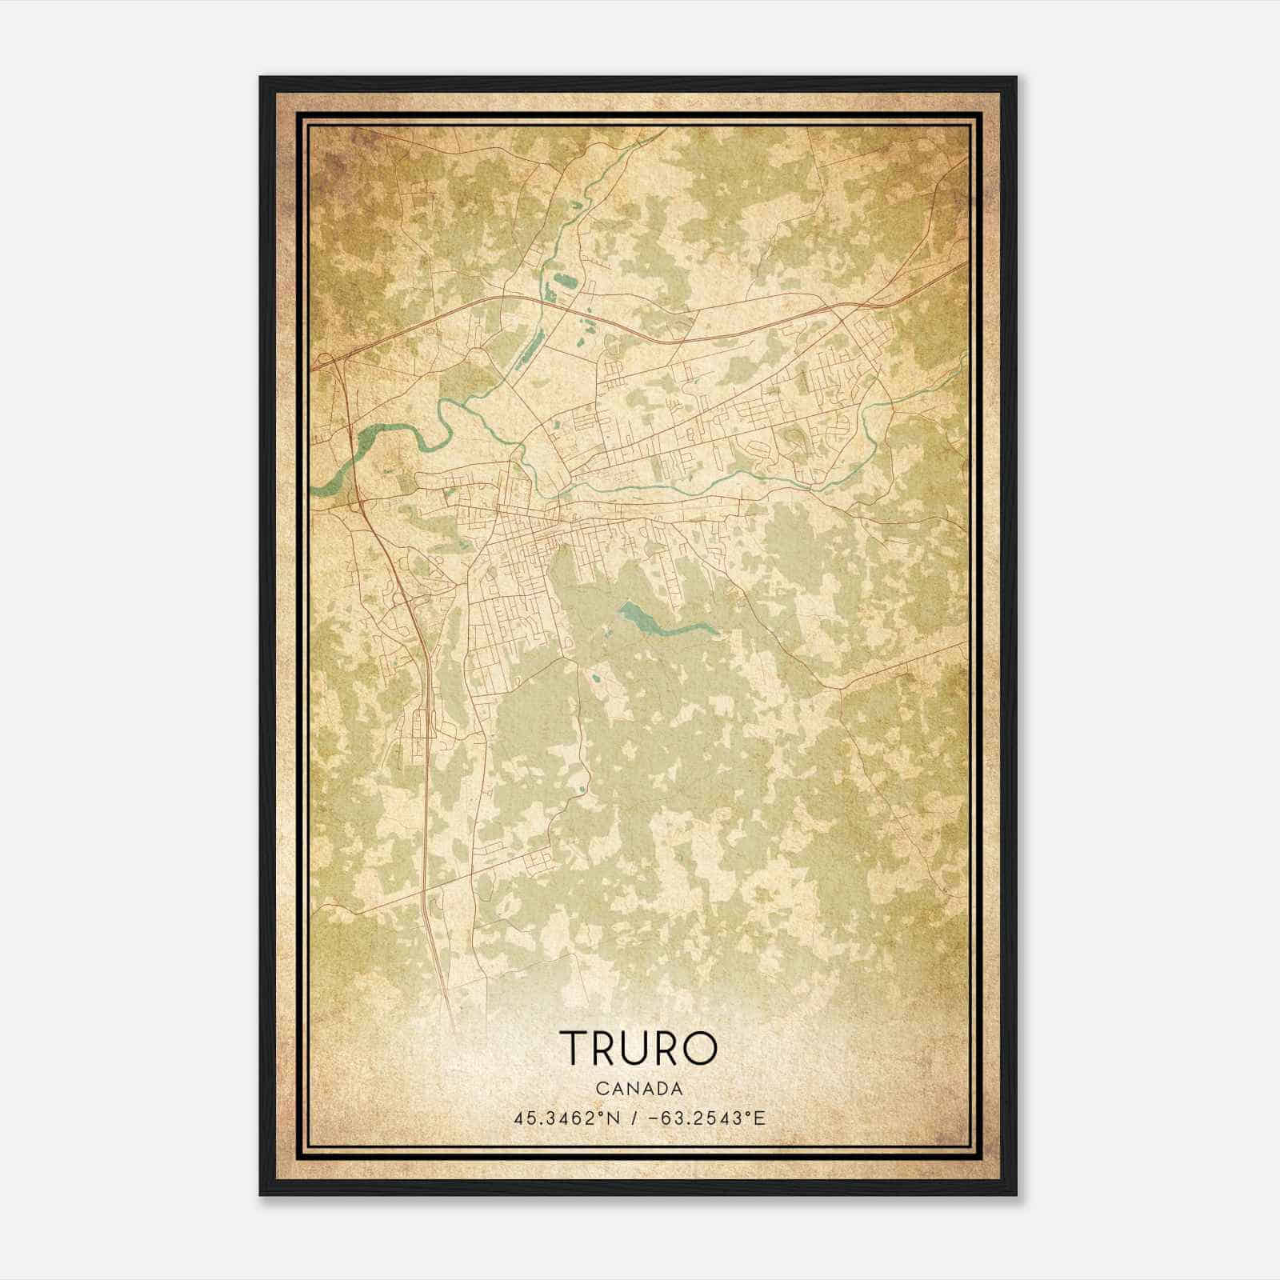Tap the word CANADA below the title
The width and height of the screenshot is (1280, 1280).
638,1089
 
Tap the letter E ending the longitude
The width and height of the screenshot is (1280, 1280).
760,1118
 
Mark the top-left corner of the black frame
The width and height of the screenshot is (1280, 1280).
261,78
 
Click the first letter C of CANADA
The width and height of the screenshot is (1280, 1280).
599,1089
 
